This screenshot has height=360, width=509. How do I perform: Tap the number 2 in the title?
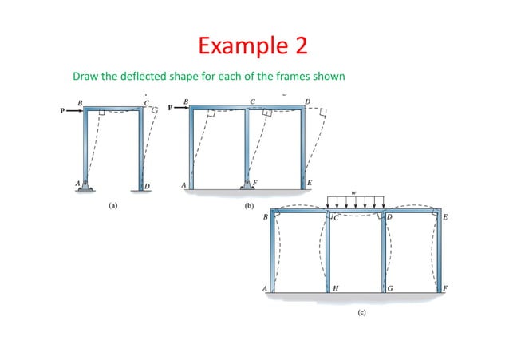(300, 45)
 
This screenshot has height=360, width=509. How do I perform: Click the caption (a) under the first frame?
(113, 205)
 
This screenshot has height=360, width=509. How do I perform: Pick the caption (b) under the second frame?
(249, 205)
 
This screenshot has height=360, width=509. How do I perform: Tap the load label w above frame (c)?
(357, 192)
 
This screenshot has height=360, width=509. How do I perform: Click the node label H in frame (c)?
(335, 287)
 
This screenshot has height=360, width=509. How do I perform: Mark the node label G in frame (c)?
(391, 287)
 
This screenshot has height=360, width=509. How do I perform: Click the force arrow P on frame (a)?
(72, 112)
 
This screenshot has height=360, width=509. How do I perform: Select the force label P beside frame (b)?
(170, 108)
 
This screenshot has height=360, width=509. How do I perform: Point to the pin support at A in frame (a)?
(85, 187)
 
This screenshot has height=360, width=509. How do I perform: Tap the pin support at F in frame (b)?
(247, 186)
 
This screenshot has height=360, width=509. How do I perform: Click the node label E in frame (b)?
(310, 183)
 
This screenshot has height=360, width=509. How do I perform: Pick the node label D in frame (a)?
(148, 187)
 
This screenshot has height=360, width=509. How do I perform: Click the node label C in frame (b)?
(253, 101)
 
